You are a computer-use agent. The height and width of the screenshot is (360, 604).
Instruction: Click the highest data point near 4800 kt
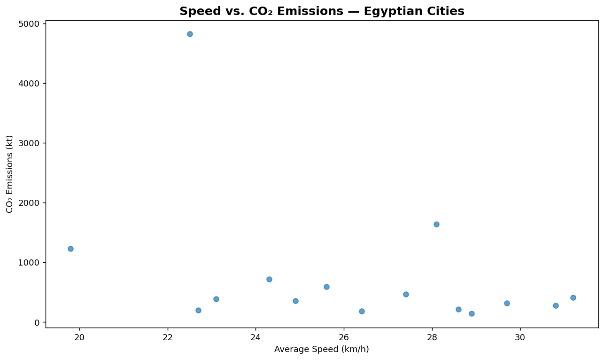click(x=190, y=34)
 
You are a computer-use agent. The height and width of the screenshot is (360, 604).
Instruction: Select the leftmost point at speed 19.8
click(x=70, y=249)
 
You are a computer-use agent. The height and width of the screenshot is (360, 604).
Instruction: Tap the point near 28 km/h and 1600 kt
click(x=436, y=225)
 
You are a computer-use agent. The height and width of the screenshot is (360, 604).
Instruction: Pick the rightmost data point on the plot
click(x=573, y=297)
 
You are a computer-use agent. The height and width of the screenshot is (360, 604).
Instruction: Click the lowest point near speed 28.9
click(x=472, y=313)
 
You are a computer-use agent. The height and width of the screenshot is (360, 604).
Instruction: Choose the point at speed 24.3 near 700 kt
click(x=270, y=279)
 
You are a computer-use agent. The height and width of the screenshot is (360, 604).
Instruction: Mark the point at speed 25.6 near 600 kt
click(x=326, y=287)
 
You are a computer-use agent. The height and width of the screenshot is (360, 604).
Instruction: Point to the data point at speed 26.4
click(x=362, y=312)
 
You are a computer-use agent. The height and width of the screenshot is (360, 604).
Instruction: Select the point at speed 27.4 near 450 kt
click(x=406, y=294)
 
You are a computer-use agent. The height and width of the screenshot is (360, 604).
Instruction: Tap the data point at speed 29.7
click(x=507, y=303)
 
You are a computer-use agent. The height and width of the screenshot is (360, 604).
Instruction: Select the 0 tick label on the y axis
click(x=37, y=322)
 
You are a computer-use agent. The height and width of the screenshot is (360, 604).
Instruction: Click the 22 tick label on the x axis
click(x=168, y=338)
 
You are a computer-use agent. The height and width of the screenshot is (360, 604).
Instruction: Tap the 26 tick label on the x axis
click(x=344, y=338)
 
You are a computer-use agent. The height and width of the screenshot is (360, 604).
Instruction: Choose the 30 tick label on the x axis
click(x=520, y=338)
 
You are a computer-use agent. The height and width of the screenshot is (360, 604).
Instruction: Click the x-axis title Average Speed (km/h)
click(x=321, y=350)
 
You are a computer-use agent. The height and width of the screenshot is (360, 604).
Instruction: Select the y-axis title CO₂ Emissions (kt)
click(x=9, y=174)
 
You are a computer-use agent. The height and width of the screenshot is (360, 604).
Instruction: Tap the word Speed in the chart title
click(x=201, y=12)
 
